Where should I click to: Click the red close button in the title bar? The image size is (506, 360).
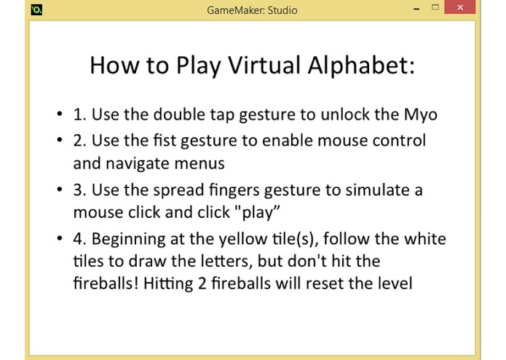coord(459,9)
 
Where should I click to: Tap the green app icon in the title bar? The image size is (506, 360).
coord(36,9)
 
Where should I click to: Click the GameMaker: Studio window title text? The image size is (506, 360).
coord(253,10)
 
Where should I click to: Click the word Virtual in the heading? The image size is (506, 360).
coord(260,66)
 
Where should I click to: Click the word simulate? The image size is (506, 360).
coord(379,190)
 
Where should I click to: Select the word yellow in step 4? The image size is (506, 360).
coord(279,239)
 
